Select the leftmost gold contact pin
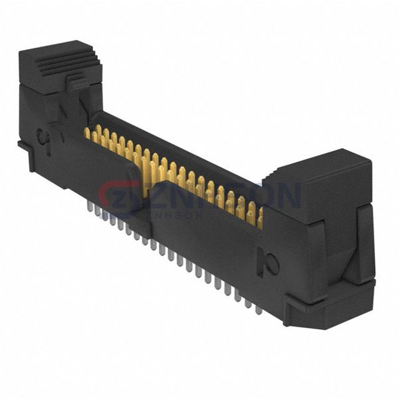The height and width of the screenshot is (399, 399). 87,133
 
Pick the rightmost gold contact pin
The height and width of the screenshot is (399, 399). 260,217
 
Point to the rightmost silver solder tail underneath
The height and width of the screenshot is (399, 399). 258,309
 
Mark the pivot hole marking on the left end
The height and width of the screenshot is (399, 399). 44,138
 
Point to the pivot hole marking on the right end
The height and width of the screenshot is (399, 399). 272,261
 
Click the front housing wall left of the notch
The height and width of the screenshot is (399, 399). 100,173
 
